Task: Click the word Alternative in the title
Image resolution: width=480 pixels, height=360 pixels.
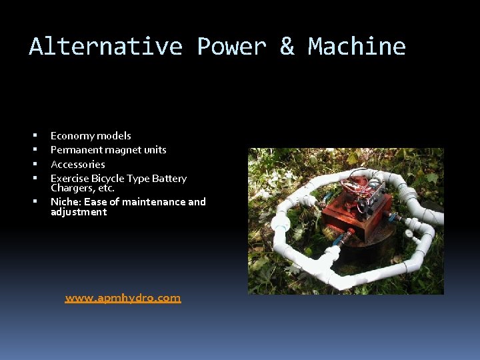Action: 105,47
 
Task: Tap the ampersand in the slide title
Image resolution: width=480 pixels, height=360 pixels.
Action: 287,47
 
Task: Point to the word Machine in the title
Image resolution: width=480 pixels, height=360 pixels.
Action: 357,47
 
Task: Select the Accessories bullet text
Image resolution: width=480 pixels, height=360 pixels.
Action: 78,164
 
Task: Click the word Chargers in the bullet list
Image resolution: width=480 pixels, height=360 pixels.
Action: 71,188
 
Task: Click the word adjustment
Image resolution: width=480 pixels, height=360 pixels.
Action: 79,212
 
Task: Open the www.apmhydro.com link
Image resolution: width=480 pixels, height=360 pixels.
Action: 123,298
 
